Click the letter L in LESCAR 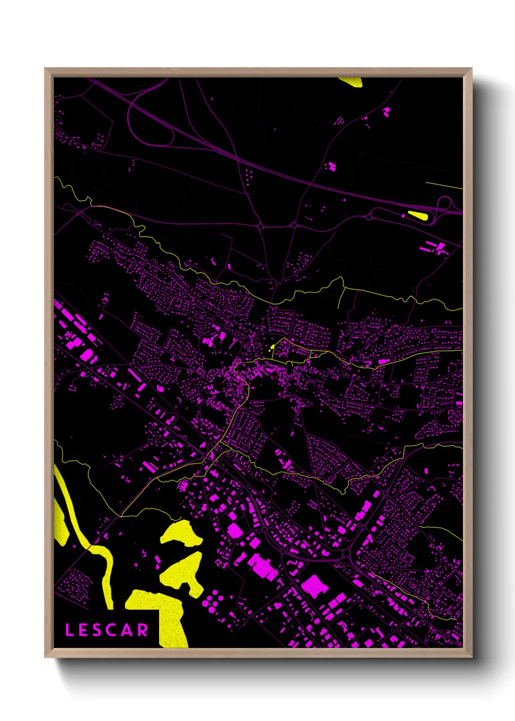(x=69, y=630)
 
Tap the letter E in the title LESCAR (x=83, y=630)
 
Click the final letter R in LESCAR (x=143, y=630)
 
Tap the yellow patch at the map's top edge (x=351, y=81)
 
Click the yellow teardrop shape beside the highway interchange (x=418, y=214)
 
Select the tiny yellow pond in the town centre (x=272, y=347)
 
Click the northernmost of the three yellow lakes (x=181, y=533)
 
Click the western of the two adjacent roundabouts (x=261, y=226)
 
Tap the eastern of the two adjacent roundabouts (x=294, y=225)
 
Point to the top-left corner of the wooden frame (x=45, y=69)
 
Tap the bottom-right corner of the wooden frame (x=471, y=657)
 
